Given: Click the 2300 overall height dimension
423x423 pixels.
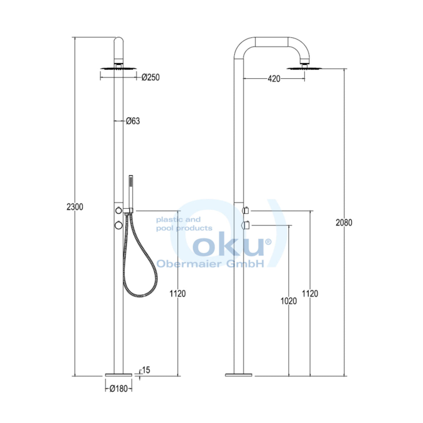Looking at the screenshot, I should coord(75,207).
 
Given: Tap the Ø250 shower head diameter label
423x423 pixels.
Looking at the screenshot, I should coord(151,77).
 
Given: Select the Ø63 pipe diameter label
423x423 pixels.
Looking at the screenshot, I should coord(133,121).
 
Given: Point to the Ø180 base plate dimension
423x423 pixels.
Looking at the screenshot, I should coord(118,389).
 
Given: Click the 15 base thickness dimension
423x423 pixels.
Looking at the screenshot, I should coord(146,370).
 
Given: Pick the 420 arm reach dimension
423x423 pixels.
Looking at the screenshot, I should coord(274,79).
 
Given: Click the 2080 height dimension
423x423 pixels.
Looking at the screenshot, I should coord(344,222).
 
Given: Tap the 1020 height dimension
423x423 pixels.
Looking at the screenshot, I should coord(289,301).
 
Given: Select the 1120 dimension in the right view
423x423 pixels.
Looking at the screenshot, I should coord(310,294).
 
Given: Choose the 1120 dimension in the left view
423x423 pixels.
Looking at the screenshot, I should coord(177,294).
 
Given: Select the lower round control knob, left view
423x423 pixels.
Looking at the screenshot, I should coord(118,226).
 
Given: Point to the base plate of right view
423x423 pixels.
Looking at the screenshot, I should coord(238,375).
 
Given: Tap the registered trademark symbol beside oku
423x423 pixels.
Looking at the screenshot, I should coord(268,241).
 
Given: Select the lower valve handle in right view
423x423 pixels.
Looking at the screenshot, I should coord(247,226).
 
